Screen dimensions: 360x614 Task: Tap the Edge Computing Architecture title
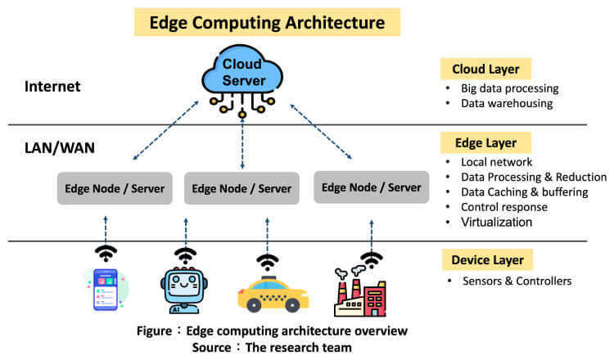pyautogui.click(x=267, y=22)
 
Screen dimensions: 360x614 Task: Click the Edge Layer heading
pyautogui.click(x=485, y=143)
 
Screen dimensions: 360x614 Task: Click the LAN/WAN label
pyautogui.click(x=60, y=147)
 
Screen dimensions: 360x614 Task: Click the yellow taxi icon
pyautogui.click(x=267, y=295)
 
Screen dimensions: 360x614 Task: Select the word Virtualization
pyautogui.click(x=496, y=222)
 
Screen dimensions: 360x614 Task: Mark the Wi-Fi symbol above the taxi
pyautogui.click(x=267, y=262)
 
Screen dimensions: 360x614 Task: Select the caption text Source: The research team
pyautogui.click(x=271, y=347)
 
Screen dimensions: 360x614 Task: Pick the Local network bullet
pyautogui.click(x=497, y=163)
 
